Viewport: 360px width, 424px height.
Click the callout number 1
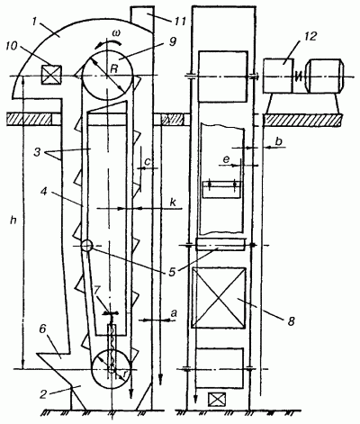pyautogui.click(x=35, y=21)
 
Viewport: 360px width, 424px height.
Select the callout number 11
pyautogui.click(x=178, y=21)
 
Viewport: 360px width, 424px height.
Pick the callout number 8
pyautogui.click(x=291, y=321)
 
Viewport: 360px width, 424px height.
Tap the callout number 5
pyautogui.click(x=172, y=272)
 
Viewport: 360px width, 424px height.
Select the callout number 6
pyautogui.click(x=42, y=329)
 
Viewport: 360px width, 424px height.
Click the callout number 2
pyautogui.click(x=43, y=394)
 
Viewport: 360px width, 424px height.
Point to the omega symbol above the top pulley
pyautogui.click(x=115, y=33)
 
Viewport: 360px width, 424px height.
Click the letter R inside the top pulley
pyautogui.click(x=113, y=69)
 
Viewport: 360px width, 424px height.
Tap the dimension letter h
pyautogui.click(x=13, y=221)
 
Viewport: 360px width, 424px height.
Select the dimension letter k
pyautogui.click(x=173, y=203)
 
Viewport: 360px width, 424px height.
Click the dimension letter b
pyautogui.click(x=279, y=141)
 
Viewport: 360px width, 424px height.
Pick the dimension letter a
pyautogui.click(x=174, y=314)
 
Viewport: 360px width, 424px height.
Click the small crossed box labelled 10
pyautogui.click(x=51, y=75)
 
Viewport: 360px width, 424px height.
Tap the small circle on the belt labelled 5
pyautogui.click(x=86, y=246)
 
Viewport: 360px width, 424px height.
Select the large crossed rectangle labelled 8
pyautogui.click(x=219, y=298)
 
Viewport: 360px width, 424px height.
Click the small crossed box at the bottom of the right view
pyautogui.click(x=217, y=399)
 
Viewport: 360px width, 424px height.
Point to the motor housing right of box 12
pyautogui.click(x=324, y=76)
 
